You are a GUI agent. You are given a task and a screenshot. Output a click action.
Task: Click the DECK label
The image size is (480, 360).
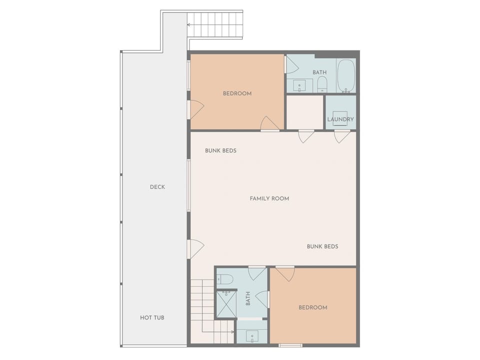point(157,187)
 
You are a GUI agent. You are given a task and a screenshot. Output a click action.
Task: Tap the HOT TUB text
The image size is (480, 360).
point(152,318)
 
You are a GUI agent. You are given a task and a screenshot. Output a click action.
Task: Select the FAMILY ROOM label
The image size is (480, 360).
point(269,198)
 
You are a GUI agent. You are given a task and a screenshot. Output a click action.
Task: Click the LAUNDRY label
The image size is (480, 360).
point(340,119)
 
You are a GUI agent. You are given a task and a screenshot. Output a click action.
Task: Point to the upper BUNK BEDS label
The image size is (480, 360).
point(220,150)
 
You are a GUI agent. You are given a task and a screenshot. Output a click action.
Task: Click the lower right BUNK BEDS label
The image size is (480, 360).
point(322,246)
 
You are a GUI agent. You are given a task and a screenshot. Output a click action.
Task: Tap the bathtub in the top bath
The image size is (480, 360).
point(346,75)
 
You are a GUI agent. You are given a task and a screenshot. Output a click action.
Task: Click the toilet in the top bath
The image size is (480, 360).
point(322,84)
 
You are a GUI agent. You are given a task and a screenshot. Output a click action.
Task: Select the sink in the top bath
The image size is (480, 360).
point(299,85)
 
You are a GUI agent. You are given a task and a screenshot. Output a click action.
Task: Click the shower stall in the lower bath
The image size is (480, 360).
point(226,304)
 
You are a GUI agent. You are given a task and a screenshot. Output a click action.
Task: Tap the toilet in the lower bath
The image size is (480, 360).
point(225,279)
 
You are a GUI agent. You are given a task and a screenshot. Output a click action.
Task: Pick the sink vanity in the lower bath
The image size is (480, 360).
point(252,336)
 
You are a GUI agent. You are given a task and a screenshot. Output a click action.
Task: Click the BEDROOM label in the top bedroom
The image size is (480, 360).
point(237,93)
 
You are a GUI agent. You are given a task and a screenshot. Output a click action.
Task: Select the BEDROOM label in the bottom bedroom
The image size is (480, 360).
point(313,307)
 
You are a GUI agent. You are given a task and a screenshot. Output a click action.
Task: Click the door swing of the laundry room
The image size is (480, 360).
point(342,136)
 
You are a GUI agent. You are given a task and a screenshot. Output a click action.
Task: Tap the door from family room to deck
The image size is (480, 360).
point(196,249)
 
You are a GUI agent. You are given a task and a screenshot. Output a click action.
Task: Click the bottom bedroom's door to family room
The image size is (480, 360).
point(285,273)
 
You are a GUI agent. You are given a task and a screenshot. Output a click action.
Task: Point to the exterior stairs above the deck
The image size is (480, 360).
point(214,25)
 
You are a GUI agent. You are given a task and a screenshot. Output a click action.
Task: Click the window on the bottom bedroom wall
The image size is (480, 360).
point(290,345)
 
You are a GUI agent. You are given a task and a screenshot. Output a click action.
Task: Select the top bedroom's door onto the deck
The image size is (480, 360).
point(196,109)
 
